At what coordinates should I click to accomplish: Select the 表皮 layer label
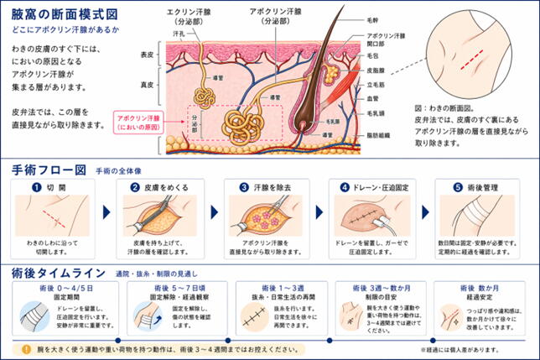pyautogui.click(x=148, y=55)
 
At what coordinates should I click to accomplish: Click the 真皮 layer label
pyautogui.click(x=148, y=85)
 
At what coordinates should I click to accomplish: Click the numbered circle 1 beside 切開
pyautogui.click(x=37, y=187)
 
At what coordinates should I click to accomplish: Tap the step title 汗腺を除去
pyautogui.click(x=273, y=187)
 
